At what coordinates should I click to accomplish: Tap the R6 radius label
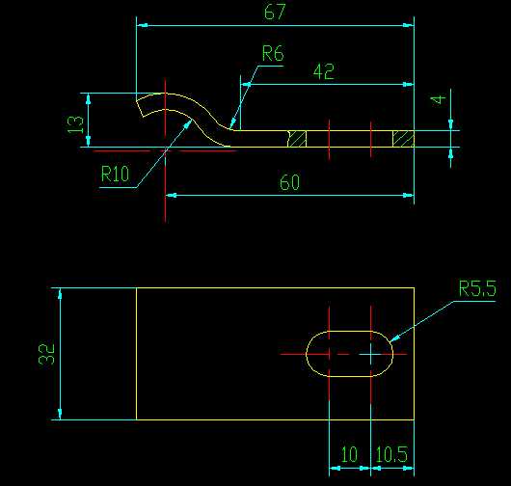pos(273,54)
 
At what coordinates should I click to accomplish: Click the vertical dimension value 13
pos(78,121)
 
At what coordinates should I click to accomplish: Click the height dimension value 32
pos(46,354)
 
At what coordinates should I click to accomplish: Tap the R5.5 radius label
pos(476,287)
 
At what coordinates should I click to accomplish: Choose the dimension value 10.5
pos(391,454)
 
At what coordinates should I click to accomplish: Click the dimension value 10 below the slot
pos(348,454)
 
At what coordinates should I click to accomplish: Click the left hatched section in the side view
pos(298,139)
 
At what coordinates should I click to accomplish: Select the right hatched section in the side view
pos(403,139)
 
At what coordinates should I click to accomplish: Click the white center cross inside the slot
pos(372,354)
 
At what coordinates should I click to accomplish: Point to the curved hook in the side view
pos(188,114)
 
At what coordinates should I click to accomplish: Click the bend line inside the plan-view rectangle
pos(137,354)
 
